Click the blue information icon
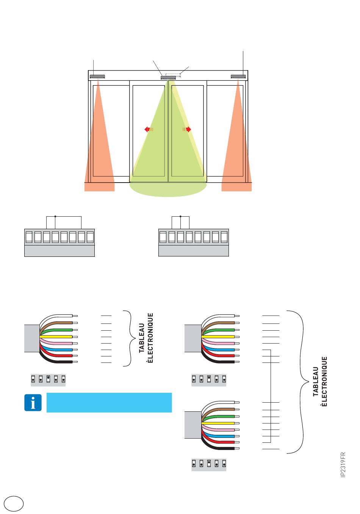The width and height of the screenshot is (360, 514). click(33, 403)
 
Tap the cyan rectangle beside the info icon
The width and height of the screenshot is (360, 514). click(109, 403)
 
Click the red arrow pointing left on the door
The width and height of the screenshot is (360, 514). click(149, 130)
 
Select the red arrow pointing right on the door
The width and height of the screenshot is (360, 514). click(187, 130)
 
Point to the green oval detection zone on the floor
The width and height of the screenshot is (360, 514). click(168, 189)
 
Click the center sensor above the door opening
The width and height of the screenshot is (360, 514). click(168, 78)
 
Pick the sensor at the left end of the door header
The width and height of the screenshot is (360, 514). click(97, 77)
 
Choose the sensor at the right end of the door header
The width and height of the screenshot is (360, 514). click(238, 77)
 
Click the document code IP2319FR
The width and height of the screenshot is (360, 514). click(343, 465)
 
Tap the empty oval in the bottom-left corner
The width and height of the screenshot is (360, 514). click(14, 503)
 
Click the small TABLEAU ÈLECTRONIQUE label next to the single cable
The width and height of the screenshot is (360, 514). click(146, 338)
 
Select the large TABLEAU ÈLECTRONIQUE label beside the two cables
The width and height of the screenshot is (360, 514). click(320, 381)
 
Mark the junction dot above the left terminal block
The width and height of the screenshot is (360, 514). click(55, 216)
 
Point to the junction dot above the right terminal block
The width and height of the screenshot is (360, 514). click(180, 216)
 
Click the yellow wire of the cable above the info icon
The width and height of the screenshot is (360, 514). click(56, 337)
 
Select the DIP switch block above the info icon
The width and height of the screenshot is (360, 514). click(48, 380)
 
